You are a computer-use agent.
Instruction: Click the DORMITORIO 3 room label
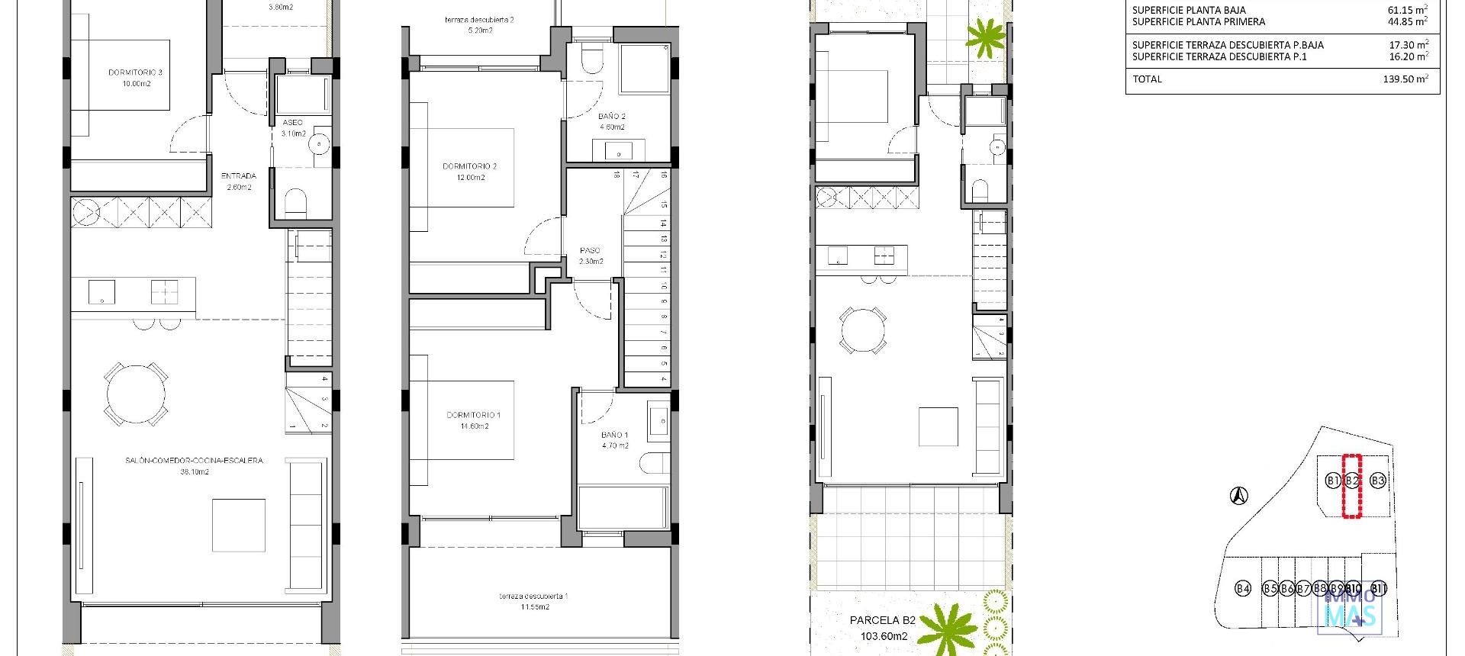tap(135, 73)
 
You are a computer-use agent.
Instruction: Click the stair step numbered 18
tap(616, 175)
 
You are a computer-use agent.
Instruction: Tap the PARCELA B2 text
tap(882, 620)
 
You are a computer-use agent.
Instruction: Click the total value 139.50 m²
tap(1405, 79)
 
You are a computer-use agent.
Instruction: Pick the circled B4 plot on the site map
tap(1243, 588)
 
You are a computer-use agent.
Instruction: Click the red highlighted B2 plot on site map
tap(1352, 481)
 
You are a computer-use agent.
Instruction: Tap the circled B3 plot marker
tap(1377, 481)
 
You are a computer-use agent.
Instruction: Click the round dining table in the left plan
tap(136, 394)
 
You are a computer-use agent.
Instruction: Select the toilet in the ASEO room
tap(295, 202)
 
